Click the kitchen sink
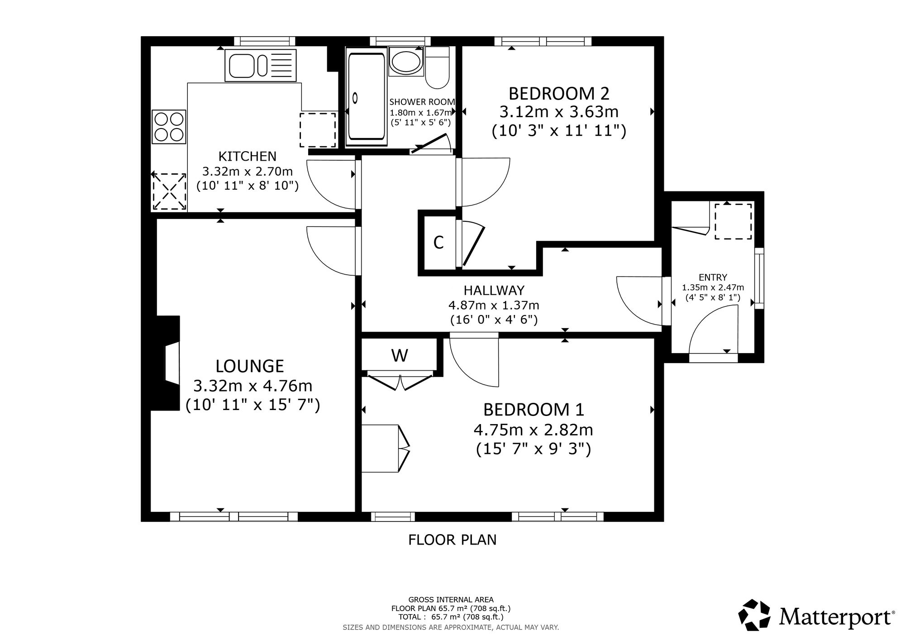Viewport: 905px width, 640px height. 260,66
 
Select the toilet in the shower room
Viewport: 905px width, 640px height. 437,67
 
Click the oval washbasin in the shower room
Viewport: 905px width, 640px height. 406,62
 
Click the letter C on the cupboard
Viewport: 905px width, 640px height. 438,243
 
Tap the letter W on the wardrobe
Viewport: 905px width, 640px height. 400,356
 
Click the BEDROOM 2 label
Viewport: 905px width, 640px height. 559,94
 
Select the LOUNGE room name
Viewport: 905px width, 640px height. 250,366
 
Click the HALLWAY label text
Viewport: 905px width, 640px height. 494,290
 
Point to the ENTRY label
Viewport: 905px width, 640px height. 713,277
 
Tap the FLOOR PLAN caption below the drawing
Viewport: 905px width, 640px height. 452,540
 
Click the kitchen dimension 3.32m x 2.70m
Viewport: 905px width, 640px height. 248,172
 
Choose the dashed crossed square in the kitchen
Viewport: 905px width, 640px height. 169,191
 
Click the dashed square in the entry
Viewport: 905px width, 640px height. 733,221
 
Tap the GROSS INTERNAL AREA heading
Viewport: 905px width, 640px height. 451,600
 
